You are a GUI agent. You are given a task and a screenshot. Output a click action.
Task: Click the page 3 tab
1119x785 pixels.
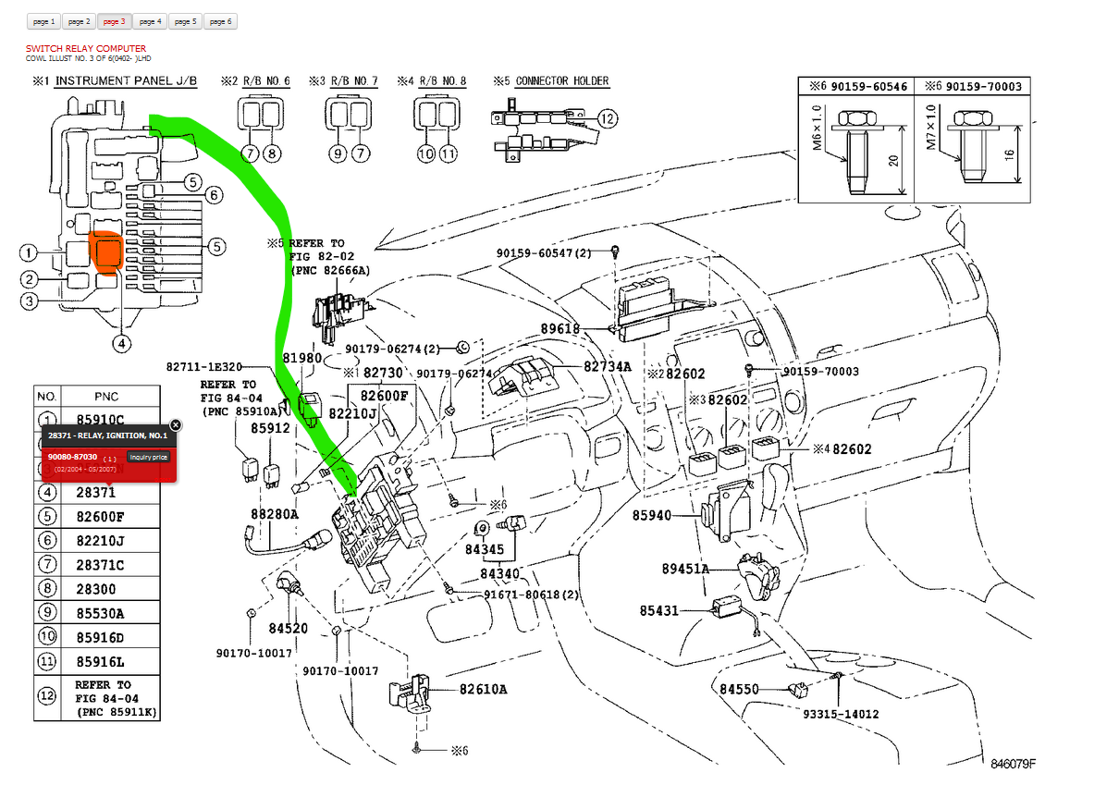coord(114,21)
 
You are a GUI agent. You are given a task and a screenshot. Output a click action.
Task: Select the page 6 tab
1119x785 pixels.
coord(220,21)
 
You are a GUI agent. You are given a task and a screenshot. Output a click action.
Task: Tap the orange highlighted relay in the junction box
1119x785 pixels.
coord(105,251)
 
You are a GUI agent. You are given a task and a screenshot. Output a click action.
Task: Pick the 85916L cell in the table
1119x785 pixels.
coord(100,661)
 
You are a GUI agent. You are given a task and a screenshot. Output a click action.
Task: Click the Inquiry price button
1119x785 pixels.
coord(148,458)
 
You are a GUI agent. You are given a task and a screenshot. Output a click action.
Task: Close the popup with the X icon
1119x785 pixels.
coord(176,425)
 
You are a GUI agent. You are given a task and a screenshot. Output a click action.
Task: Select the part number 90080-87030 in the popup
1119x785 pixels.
coord(73,458)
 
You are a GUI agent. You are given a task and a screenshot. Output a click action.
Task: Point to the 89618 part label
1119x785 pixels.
coord(560,328)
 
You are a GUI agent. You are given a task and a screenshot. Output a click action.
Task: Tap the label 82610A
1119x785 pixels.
coord(483,689)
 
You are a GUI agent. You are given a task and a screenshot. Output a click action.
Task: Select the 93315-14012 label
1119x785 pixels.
coord(841,714)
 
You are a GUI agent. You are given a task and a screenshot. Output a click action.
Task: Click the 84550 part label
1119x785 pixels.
coord(739,689)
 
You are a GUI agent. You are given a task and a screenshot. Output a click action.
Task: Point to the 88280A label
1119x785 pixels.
coord(274,514)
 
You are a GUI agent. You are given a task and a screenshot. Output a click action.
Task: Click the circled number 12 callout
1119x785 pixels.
coord(607,118)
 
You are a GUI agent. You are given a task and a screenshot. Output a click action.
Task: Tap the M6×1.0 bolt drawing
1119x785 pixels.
coord(856,152)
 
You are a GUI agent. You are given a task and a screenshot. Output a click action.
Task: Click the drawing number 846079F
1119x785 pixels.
coord(1013,764)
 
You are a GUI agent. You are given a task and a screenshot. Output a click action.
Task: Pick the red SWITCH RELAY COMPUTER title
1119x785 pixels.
coord(86,48)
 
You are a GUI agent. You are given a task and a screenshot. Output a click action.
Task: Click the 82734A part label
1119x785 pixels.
coord(607,366)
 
